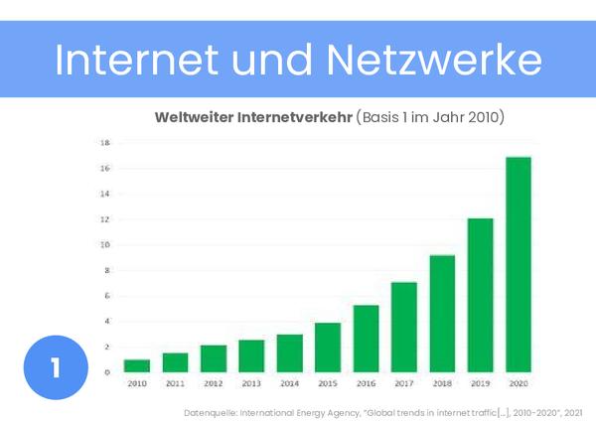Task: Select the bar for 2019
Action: (x=480, y=295)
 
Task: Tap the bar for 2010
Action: (x=136, y=365)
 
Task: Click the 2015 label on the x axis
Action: (x=328, y=382)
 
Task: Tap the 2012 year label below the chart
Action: (x=213, y=382)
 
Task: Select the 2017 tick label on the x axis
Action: (x=404, y=382)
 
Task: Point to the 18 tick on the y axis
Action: (x=105, y=142)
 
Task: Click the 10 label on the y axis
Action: (x=105, y=245)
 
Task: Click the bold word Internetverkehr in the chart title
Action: (x=293, y=117)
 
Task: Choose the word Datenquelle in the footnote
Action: (x=210, y=410)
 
